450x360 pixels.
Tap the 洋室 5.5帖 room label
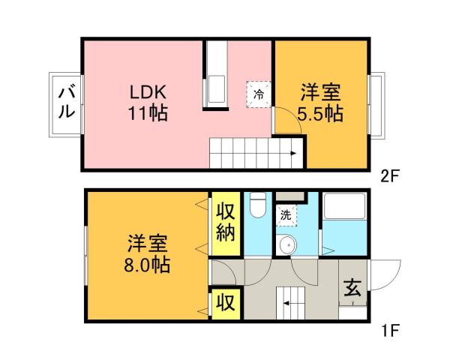click(321, 103)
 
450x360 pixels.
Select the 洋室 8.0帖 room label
click(146, 255)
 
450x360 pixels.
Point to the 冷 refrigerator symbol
click(258, 94)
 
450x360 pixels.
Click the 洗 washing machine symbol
click(286, 215)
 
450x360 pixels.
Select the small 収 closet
click(224, 304)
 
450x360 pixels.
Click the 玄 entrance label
click(352, 286)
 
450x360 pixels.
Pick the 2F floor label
click(390, 178)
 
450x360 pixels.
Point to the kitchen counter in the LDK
click(216, 76)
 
